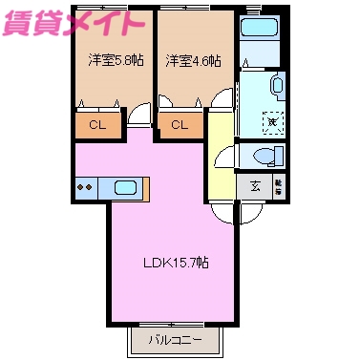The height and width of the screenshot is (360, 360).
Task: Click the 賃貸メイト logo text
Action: pyautogui.click(x=74, y=23)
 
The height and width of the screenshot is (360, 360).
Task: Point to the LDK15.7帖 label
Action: pyautogui.click(x=176, y=262)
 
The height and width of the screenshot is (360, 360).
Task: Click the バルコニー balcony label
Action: pyautogui.click(x=175, y=339)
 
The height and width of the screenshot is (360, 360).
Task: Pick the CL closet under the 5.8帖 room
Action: pyautogui.click(x=97, y=124)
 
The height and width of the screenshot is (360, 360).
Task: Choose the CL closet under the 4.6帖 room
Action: pyautogui.click(x=180, y=124)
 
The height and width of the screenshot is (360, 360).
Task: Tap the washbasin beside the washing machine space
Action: pyautogui.click(x=277, y=85)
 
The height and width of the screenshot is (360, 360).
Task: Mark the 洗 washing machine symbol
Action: pyautogui.click(x=271, y=120)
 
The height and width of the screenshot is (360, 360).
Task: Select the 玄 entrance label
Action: pyautogui.click(x=255, y=186)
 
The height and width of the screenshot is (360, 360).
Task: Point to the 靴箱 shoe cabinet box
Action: pyautogui.click(x=278, y=185)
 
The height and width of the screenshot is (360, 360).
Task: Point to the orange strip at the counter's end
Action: pyautogui.click(x=149, y=188)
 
